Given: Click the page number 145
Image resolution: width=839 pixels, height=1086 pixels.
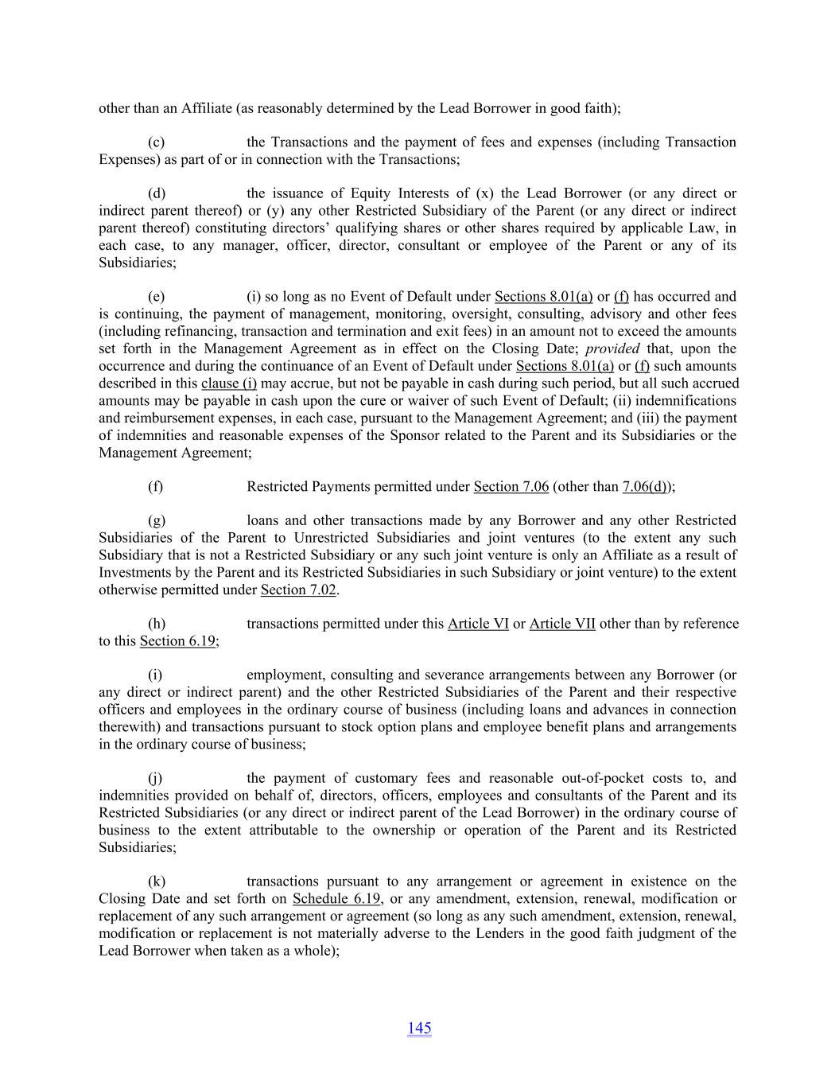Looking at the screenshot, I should [x=419, y=1028].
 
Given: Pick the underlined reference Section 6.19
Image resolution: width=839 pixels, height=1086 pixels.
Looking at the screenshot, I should [x=177, y=641].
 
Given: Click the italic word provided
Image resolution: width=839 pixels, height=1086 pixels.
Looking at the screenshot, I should [x=612, y=349].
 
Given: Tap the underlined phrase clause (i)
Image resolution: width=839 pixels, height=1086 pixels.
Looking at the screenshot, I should [x=229, y=383].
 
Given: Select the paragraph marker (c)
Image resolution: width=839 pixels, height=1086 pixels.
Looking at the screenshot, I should [x=157, y=142].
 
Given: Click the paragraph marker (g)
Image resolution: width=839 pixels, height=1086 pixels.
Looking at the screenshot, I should [x=157, y=521].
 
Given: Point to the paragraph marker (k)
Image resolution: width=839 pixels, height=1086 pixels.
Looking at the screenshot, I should [x=157, y=882].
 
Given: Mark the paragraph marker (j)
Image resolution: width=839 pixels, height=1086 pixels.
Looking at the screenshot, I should [x=156, y=778].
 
